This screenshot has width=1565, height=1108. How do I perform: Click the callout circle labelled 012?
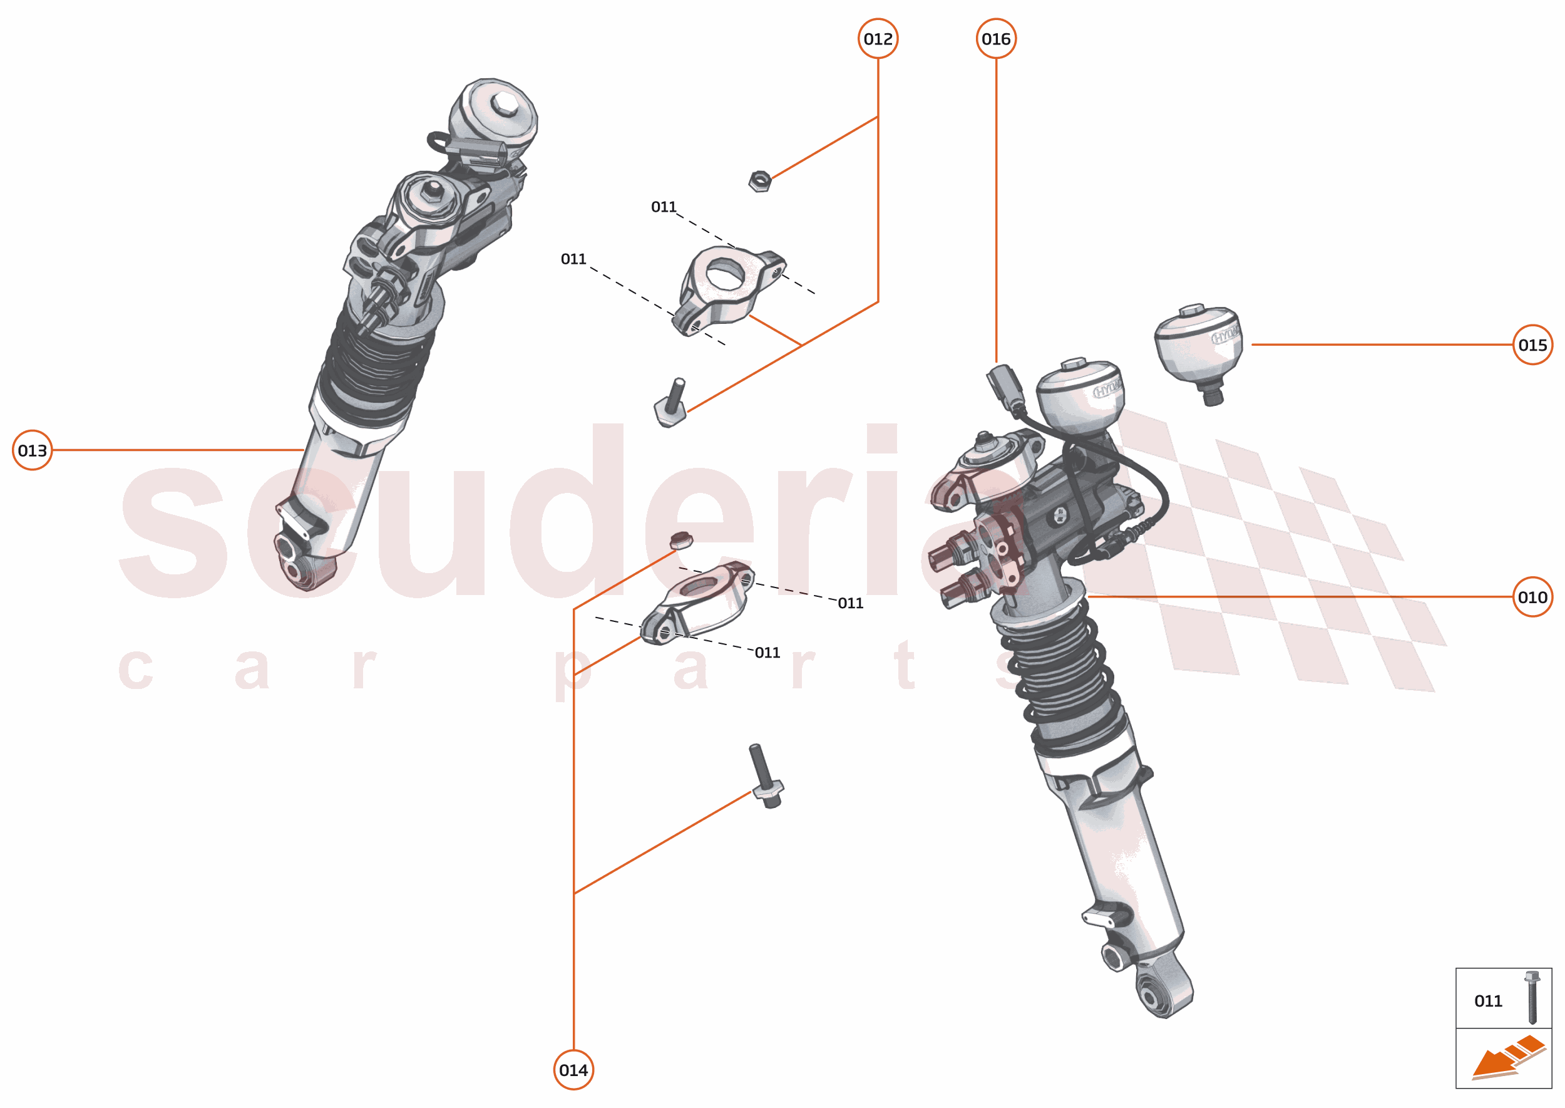tap(878, 39)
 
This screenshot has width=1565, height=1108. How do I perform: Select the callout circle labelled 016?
tap(995, 39)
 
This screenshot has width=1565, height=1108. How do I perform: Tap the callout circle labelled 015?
tap(1532, 344)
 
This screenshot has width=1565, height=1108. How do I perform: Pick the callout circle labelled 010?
tap(1532, 597)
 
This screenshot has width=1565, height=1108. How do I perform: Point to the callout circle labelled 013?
tap(32, 450)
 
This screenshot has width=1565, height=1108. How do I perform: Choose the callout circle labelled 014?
tap(573, 1070)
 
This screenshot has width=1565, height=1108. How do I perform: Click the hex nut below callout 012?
tap(760, 182)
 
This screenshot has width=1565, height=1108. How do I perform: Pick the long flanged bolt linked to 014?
tap(765, 778)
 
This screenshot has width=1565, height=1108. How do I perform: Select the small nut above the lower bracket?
tap(680, 541)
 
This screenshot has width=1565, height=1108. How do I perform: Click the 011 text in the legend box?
tap(1488, 1001)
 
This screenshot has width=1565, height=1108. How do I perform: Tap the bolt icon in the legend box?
tap(1532, 998)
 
